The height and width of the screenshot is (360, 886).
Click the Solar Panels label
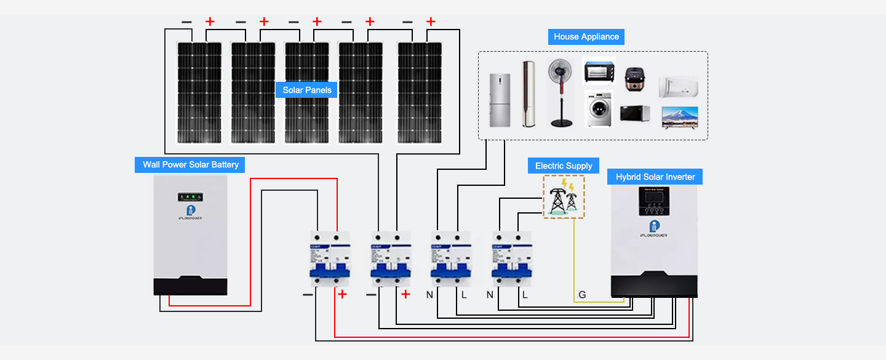point(307,90)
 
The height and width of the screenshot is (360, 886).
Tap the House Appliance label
point(586,36)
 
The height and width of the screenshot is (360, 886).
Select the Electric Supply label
point(564,166)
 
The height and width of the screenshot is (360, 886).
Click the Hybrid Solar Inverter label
point(655,177)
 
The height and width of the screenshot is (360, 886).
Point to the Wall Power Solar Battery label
point(190,164)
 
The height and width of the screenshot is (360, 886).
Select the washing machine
point(599,109)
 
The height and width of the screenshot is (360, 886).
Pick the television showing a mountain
point(679,116)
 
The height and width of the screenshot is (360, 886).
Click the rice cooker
point(634,79)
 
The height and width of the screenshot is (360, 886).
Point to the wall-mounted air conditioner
point(679,87)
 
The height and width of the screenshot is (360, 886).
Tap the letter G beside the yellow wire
point(582,295)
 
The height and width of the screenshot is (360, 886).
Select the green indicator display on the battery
point(190,198)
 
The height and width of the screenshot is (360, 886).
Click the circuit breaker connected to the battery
point(327,258)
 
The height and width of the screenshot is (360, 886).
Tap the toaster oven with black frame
point(599,71)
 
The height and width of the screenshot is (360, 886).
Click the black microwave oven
point(635,114)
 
